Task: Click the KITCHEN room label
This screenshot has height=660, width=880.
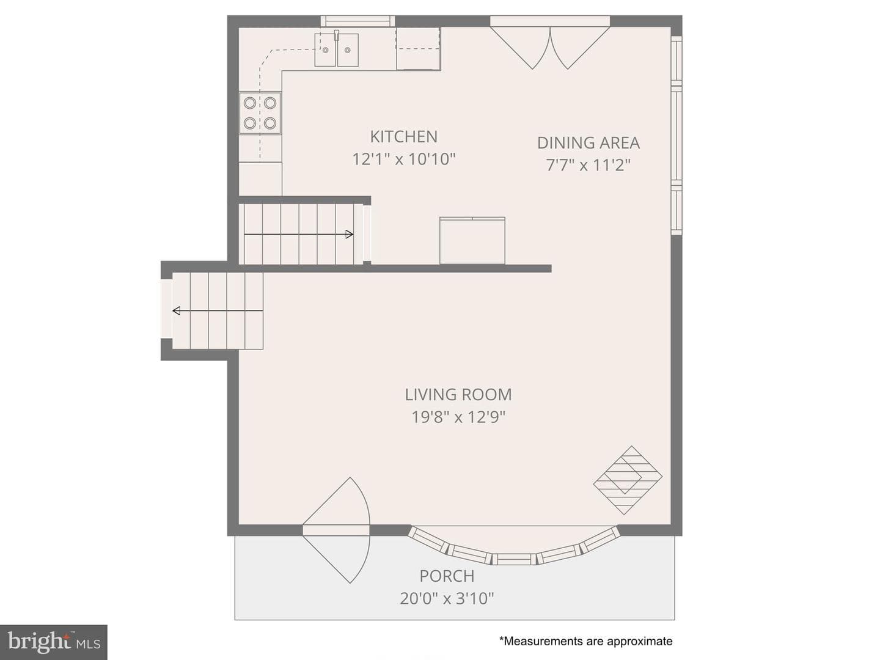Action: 403,137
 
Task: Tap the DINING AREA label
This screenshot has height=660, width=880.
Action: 588,143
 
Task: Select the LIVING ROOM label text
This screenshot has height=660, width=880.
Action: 458,395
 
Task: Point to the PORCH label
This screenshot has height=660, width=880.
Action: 447,576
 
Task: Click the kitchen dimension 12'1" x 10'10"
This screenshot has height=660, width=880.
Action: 404,159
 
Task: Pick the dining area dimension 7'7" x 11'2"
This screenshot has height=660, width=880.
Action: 588,165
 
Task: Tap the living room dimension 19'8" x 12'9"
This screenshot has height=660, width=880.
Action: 458,417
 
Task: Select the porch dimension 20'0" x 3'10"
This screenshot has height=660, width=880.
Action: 447,598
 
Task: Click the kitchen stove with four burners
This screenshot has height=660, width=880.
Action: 260,113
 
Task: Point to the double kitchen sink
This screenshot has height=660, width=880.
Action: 336,50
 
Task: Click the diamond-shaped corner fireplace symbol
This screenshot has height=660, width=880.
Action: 628,480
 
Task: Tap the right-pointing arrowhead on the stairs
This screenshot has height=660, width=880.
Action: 350,235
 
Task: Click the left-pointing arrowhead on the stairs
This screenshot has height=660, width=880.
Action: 177,310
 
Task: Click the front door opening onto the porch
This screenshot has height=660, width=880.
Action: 336,530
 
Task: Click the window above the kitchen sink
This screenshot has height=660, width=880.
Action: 358,21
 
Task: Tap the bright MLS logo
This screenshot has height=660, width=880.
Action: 53,642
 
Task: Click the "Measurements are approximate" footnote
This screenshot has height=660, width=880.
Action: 585,641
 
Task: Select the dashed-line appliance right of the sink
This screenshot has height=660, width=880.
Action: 418,49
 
